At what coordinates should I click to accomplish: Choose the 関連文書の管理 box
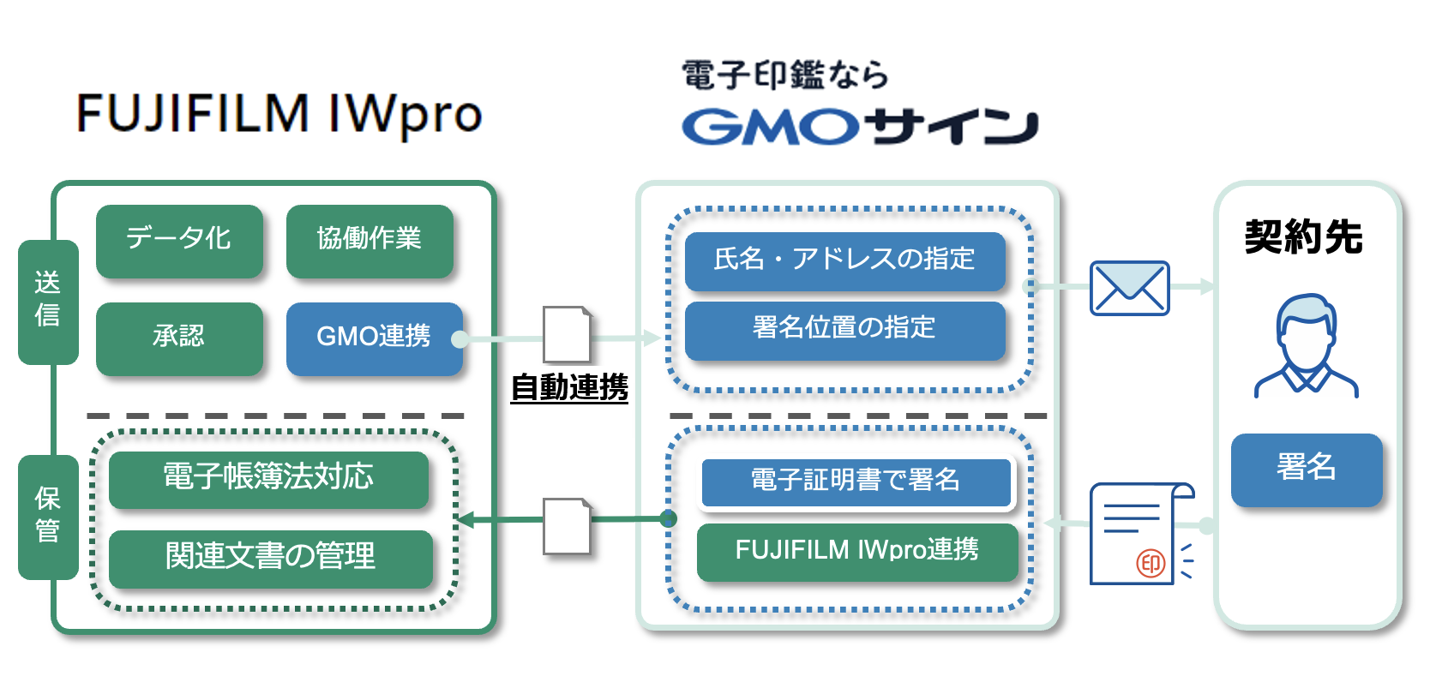pos(270,558)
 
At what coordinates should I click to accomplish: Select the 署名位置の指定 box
pos(844,329)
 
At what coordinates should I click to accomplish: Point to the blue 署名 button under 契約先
pos(1306,469)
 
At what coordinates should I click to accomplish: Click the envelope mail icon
pos(1129,288)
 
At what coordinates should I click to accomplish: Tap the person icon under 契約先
pos(1306,346)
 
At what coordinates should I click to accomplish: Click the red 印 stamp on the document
pos(1151,564)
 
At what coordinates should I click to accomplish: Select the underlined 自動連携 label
pos(569,388)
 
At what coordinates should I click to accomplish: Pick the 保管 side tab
pos(48,517)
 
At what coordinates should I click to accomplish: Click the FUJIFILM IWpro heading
pos(279,114)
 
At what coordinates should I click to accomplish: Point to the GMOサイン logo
pos(860,127)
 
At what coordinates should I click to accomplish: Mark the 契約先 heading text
pos(1303,237)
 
